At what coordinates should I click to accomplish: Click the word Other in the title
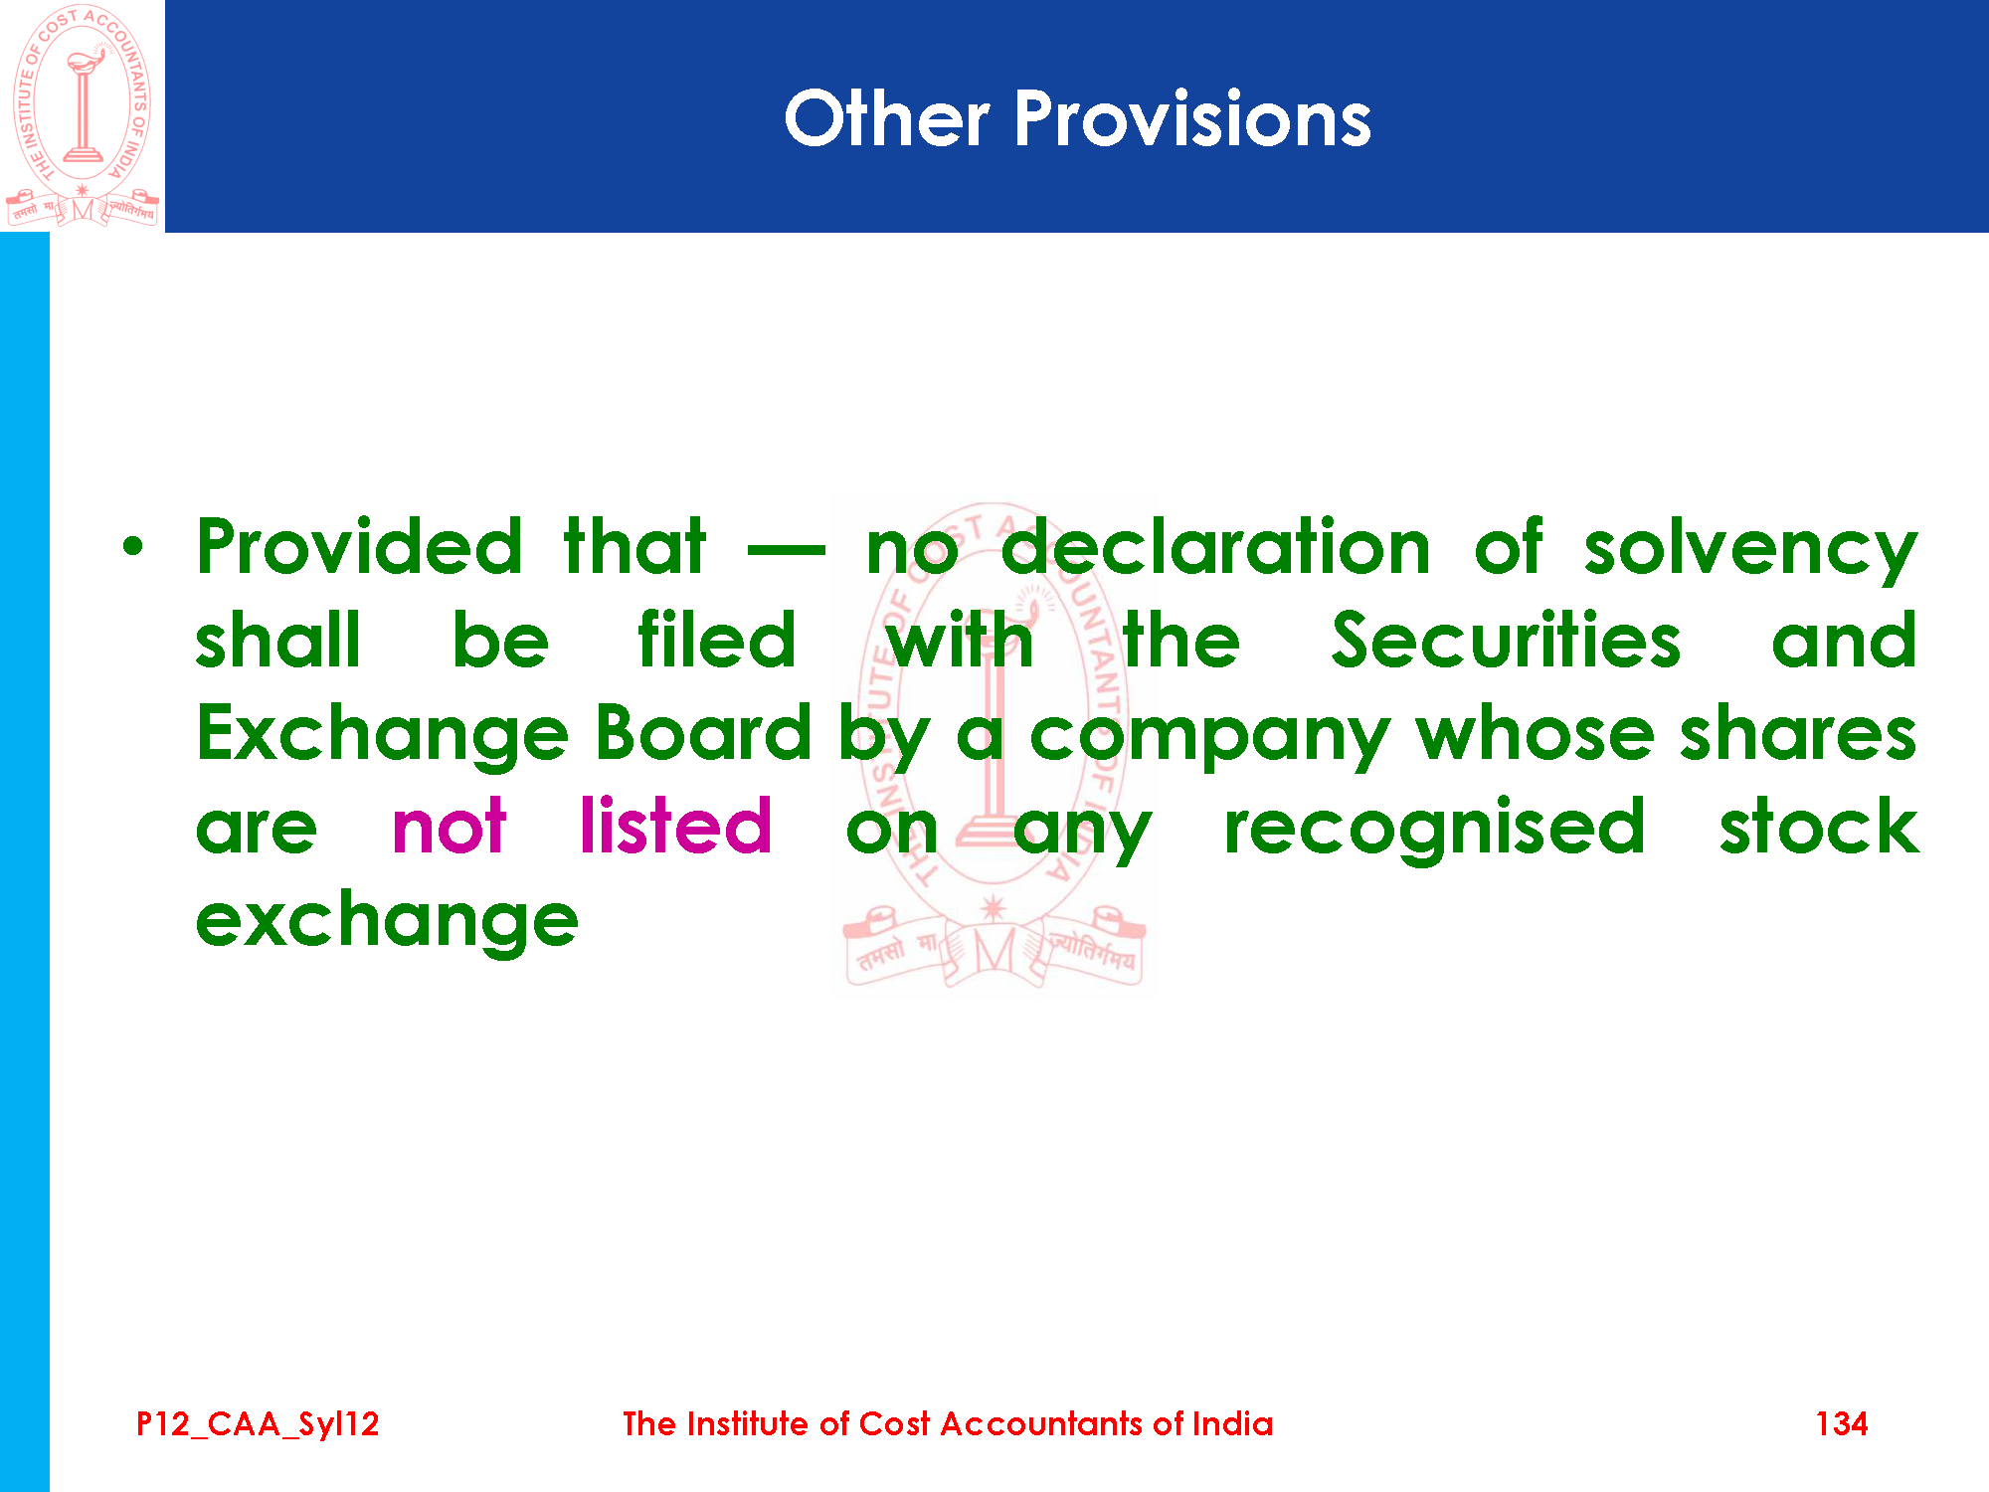point(886,118)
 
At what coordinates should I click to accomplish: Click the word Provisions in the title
point(1192,118)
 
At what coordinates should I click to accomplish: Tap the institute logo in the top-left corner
point(83,115)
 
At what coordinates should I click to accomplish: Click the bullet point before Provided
point(133,546)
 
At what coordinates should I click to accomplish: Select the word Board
point(704,733)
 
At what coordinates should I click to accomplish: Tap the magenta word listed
point(675,825)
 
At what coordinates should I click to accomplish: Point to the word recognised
point(1435,829)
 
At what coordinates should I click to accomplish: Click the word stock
point(1820,825)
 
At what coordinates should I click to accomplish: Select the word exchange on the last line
point(387,923)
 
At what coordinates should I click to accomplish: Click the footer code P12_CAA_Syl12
point(258,1424)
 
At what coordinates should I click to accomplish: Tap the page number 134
point(1842,1423)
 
